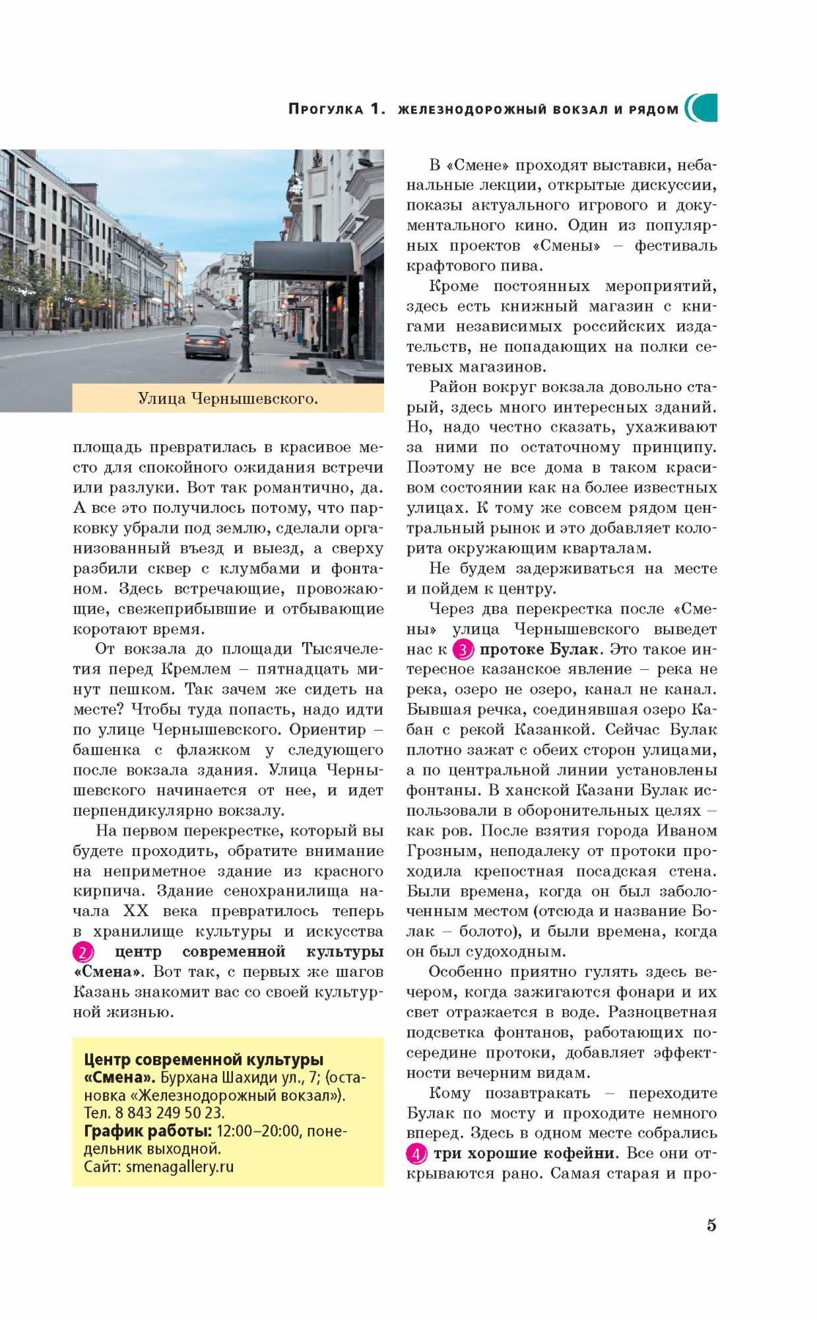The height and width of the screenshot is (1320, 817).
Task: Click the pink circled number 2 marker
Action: (82, 952)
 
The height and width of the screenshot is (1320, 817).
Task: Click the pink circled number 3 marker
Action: (463, 650)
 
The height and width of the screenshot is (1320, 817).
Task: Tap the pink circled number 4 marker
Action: (416, 1154)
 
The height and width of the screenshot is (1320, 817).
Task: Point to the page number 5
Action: (711, 1225)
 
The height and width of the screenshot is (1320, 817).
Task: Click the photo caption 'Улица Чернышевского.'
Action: (228, 399)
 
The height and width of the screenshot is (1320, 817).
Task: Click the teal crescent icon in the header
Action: (702, 108)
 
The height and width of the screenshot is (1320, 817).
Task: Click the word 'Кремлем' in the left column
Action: (196, 669)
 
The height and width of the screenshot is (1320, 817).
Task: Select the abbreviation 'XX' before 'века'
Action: (137, 911)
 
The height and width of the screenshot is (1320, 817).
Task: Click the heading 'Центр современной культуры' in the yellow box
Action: (204, 1060)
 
